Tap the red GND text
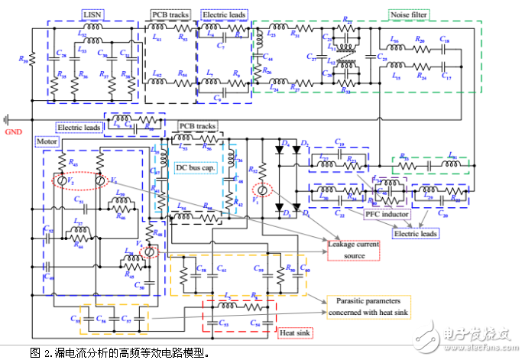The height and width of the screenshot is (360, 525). [15, 131]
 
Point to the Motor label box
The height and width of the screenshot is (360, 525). [43, 141]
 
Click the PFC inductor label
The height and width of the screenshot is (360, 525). [385, 214]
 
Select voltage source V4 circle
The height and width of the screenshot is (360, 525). [149, 250]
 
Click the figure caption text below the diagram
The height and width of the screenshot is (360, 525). [118, 352]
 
